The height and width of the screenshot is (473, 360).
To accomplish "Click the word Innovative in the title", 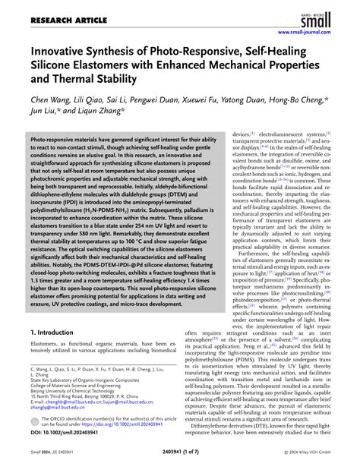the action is coord(65,52).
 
